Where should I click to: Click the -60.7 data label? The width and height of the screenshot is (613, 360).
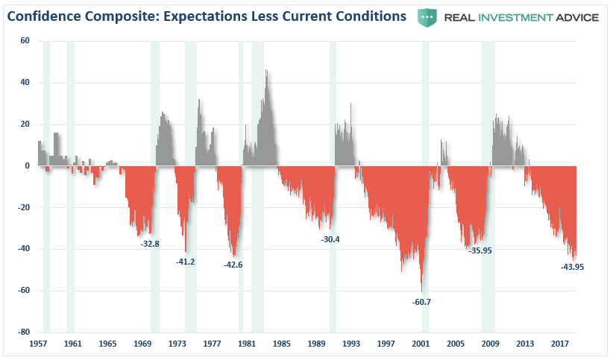click(422, 302)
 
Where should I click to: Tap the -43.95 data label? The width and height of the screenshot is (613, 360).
click(572, 266)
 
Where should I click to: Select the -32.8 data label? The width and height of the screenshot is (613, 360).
click(150, 243)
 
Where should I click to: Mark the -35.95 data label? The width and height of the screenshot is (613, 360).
click(480, 250)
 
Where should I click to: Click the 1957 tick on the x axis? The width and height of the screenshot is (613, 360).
click(39, 344)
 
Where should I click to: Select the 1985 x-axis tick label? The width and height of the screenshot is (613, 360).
click(282, 344)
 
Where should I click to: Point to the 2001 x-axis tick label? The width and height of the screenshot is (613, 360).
click(421, 344)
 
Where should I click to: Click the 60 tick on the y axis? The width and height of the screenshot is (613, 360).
click(25, 41)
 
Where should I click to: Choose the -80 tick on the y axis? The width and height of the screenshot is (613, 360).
click(23, 332)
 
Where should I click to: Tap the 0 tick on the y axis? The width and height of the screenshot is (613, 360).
click(27, 165)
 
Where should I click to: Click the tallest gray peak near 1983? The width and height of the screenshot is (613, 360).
click(266, 71)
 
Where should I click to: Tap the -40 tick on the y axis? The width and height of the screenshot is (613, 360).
click(23, 249)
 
